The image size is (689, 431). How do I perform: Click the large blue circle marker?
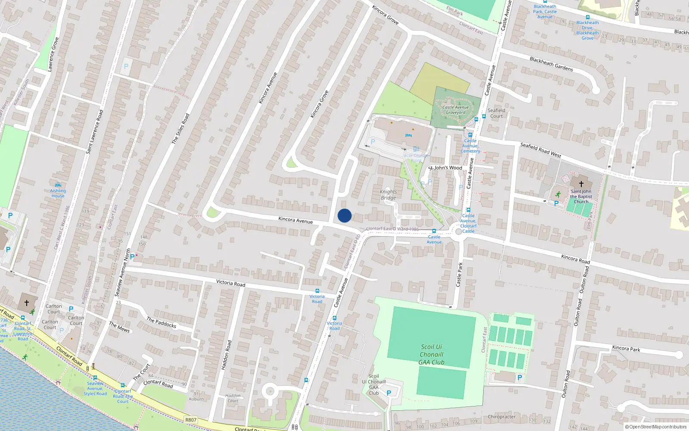point(344,215)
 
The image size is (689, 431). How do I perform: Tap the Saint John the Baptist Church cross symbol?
point(581,184)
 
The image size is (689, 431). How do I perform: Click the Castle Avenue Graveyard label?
point(456,110)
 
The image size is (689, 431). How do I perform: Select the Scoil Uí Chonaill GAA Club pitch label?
point(431,354)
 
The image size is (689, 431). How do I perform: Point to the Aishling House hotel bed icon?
point(58,185)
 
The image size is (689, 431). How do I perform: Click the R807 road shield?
point(191,420)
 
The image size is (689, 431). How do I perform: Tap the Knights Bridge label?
point(388,195)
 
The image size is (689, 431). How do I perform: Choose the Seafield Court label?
point(496,113)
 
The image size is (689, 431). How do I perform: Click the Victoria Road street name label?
point(230,283)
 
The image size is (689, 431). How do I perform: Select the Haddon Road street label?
point(227,355)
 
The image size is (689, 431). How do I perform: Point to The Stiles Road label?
point(180,128)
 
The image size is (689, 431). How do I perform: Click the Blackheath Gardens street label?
point(551,64)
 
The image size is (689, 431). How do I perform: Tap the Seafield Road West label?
point(540,150)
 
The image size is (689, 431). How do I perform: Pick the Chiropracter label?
point(502,417)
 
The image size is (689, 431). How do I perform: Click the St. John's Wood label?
point(445,168)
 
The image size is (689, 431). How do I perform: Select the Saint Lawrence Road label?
point(95,131)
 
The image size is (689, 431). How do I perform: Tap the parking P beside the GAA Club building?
point(389,393)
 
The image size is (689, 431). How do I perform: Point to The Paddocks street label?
point(161,322)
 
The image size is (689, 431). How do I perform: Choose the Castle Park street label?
point(459,275)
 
